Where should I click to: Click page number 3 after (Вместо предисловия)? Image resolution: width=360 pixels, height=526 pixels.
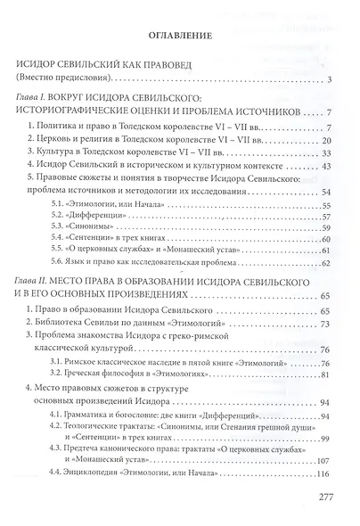(329, 82)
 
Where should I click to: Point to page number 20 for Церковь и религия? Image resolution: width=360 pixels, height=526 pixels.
(325, 141)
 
